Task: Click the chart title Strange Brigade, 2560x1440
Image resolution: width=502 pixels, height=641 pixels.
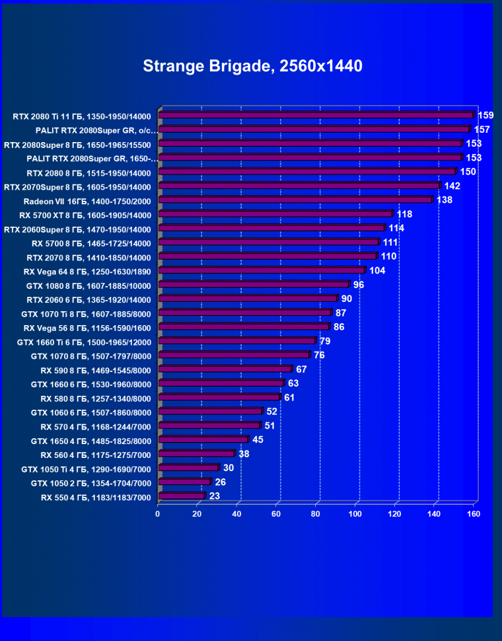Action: [x=252, y=66]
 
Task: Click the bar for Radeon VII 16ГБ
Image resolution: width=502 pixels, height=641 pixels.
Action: [x=295, y=200]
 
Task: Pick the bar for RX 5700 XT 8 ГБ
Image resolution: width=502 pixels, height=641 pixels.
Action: [x=275, y=214]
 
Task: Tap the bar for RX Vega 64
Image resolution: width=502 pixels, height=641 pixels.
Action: [x=262, y=270]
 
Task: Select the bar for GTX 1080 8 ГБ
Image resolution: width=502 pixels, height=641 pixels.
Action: [x=254, y=284]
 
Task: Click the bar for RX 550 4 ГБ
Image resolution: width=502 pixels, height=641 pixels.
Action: [x=182, y=496]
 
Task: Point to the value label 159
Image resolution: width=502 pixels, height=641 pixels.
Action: [x=485, y=115]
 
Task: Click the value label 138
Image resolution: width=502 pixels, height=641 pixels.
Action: [x=444, y=200]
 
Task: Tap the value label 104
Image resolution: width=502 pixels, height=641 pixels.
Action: [x=377, y=270]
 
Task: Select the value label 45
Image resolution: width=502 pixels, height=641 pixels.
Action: [x=258, y=439]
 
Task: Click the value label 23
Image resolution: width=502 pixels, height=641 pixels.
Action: [x=214, y=496]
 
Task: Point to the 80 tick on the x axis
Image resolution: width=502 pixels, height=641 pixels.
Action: [x=316, y=513]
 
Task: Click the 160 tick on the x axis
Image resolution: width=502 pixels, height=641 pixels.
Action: [x=474, y=513]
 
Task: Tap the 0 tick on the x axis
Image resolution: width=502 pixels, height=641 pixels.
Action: [x=158, y=513]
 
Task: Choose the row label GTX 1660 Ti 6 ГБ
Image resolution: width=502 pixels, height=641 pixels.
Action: [x=85, y=342]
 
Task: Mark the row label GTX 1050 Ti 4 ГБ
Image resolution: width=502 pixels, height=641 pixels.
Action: [x=86, y=469]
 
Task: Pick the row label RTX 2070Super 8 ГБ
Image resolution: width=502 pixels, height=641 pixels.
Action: [x=77, y=187]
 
